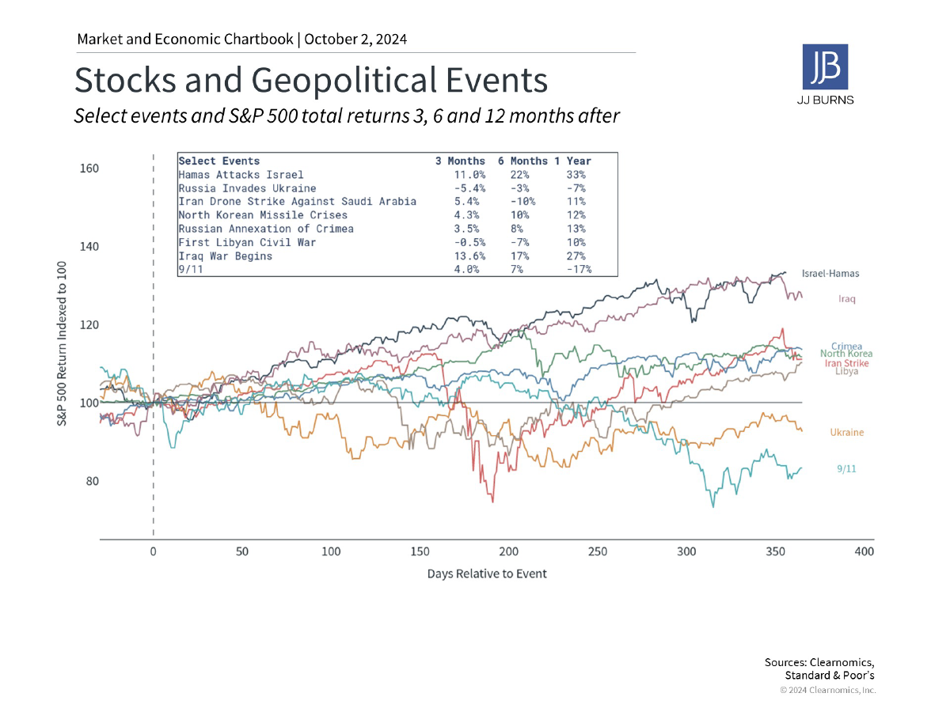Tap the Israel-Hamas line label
[830, 273]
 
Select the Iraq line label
[847, 299]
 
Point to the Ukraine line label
[846, 433]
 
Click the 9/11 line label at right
[846, 469]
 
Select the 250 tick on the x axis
[598, 551]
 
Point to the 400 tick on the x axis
[864, 551]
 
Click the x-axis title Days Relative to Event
[487, 574]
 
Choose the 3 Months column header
[460, 161]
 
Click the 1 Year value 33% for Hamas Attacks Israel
[576, 174]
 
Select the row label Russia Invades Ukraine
[247, 188]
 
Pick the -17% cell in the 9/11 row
[579, 269]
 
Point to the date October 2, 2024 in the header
[355, 39]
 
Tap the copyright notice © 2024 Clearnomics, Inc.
[827, 690]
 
